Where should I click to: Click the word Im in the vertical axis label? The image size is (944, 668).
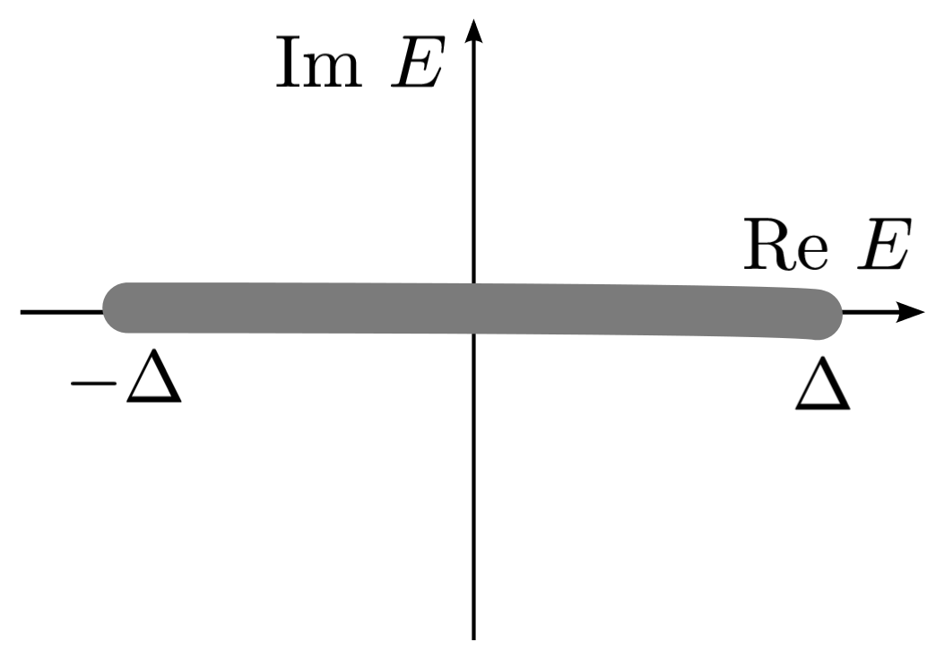tap(319, 65)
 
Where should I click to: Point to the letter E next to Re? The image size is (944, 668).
tap(883, 246)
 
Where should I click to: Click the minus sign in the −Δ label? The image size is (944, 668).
tap(92, 383)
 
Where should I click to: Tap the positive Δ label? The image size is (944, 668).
tap(822, 387)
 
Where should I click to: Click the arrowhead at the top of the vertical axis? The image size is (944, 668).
tap(474, 31)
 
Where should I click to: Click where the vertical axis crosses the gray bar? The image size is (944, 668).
tap(474, 309)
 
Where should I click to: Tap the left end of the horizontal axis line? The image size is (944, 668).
tap(24, 312)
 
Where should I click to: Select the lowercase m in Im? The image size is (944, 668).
tap(334, 71)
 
